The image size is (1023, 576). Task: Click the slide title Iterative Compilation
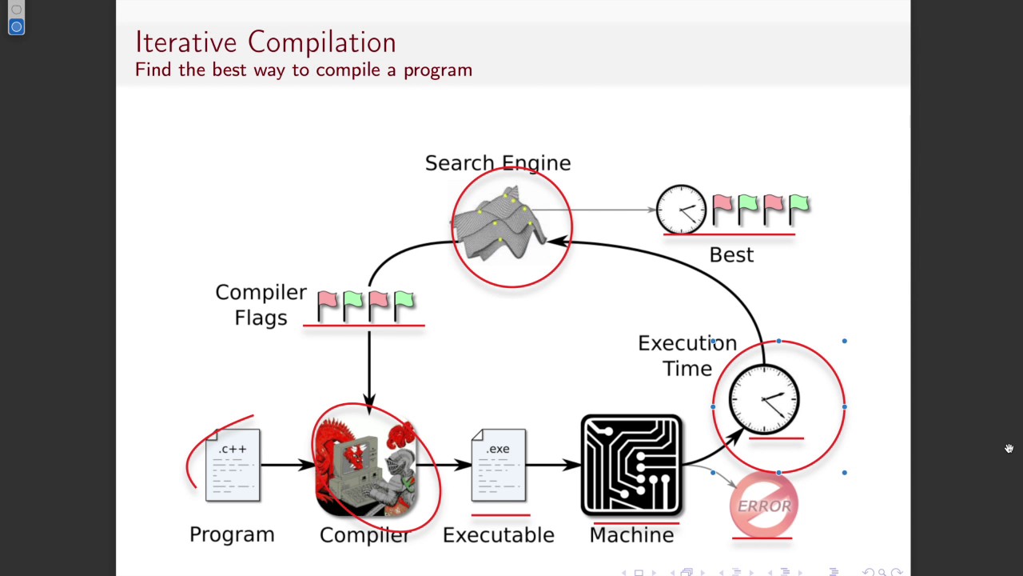[265, 42]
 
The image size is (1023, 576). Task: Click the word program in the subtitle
[437, 70]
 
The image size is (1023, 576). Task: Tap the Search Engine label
[497, 163]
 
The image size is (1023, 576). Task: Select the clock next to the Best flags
[682, 210]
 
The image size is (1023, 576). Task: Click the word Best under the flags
[731, 255]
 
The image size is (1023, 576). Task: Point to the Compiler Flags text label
[261, 305]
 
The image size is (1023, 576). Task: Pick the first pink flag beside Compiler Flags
[327, 304]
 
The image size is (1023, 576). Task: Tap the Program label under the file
[232, 534]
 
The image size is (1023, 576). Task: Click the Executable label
[498, 535]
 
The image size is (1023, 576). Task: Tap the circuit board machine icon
[631, 465]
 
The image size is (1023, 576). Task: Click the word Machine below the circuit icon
[631, 535]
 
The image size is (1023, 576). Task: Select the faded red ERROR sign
[763, 506]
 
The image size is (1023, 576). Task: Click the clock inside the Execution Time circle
[764, 399]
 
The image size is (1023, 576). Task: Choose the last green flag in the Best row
[798, 206]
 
